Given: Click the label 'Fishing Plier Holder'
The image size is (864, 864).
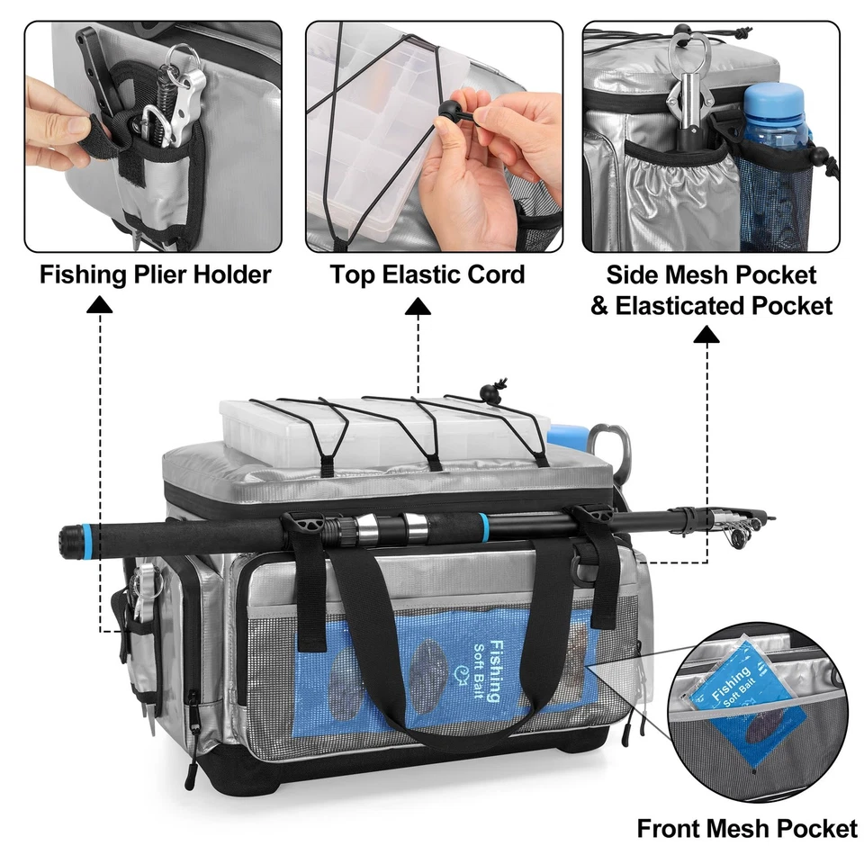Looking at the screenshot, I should [x=155, y=274].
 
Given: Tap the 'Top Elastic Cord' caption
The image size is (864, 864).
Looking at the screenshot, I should [x=427, y=274].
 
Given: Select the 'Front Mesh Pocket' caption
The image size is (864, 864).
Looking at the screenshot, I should [x=747, y=828].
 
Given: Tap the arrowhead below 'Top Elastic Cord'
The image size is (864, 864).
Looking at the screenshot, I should [x=418, y=308].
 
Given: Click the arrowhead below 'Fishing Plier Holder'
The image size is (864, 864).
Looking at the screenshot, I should [x=100, y=308].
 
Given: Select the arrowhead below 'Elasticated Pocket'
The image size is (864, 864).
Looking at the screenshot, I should [x=707, y=336].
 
